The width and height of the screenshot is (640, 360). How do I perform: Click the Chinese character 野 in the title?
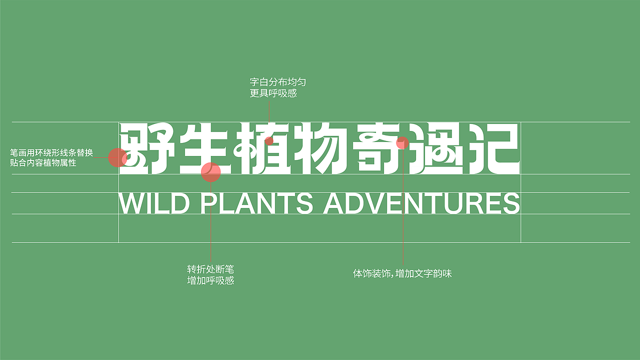tap(146, 148)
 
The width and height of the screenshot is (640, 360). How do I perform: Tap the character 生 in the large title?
tap(205, 148)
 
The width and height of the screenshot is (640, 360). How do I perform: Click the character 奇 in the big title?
tap(377, 148)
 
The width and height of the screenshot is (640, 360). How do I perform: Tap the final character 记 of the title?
tap(492, 148)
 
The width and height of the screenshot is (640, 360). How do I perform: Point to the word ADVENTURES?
tap(421, 203)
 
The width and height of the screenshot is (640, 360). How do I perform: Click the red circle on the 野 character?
tap(118, 157)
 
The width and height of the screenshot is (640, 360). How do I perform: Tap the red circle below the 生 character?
tap(210, 172)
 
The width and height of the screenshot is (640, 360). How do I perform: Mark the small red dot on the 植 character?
tap(269, 141)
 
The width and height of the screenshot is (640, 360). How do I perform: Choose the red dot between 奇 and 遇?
tap(402, 143)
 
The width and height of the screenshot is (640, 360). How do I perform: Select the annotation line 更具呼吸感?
tap(273, 93)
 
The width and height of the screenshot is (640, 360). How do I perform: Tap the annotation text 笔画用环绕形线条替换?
tap(51, 152)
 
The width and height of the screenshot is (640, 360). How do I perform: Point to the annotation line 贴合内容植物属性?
tap(43, 163)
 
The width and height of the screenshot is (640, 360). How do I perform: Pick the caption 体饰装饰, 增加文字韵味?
tap(402, 274)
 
